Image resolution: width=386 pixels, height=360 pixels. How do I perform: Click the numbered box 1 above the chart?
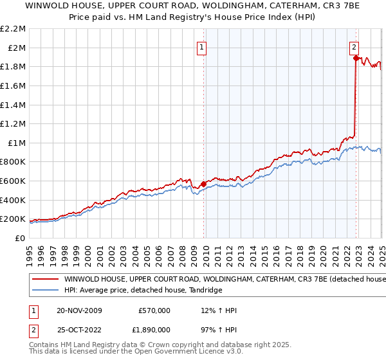tap(201, 46)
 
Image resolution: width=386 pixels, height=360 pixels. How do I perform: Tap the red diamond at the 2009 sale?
tap(204, 184)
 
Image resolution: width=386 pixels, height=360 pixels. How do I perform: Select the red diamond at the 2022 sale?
tap(356, 58)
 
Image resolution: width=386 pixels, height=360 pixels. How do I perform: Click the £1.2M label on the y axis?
tap(13, 123)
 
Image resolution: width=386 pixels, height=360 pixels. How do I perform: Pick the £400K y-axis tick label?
tap(13, 200)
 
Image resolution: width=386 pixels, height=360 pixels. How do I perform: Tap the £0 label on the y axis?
tap(19, 238)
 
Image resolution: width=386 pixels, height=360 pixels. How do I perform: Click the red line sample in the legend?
tap(44, 280)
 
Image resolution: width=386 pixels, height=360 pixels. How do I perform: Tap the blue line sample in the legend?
tap(44, 291)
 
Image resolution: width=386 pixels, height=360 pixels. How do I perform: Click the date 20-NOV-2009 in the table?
tap(79, 310)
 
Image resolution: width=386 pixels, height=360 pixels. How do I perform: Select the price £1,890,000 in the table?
tap(154, 332)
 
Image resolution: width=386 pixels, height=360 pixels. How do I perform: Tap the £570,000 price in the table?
tap(154, 310)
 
